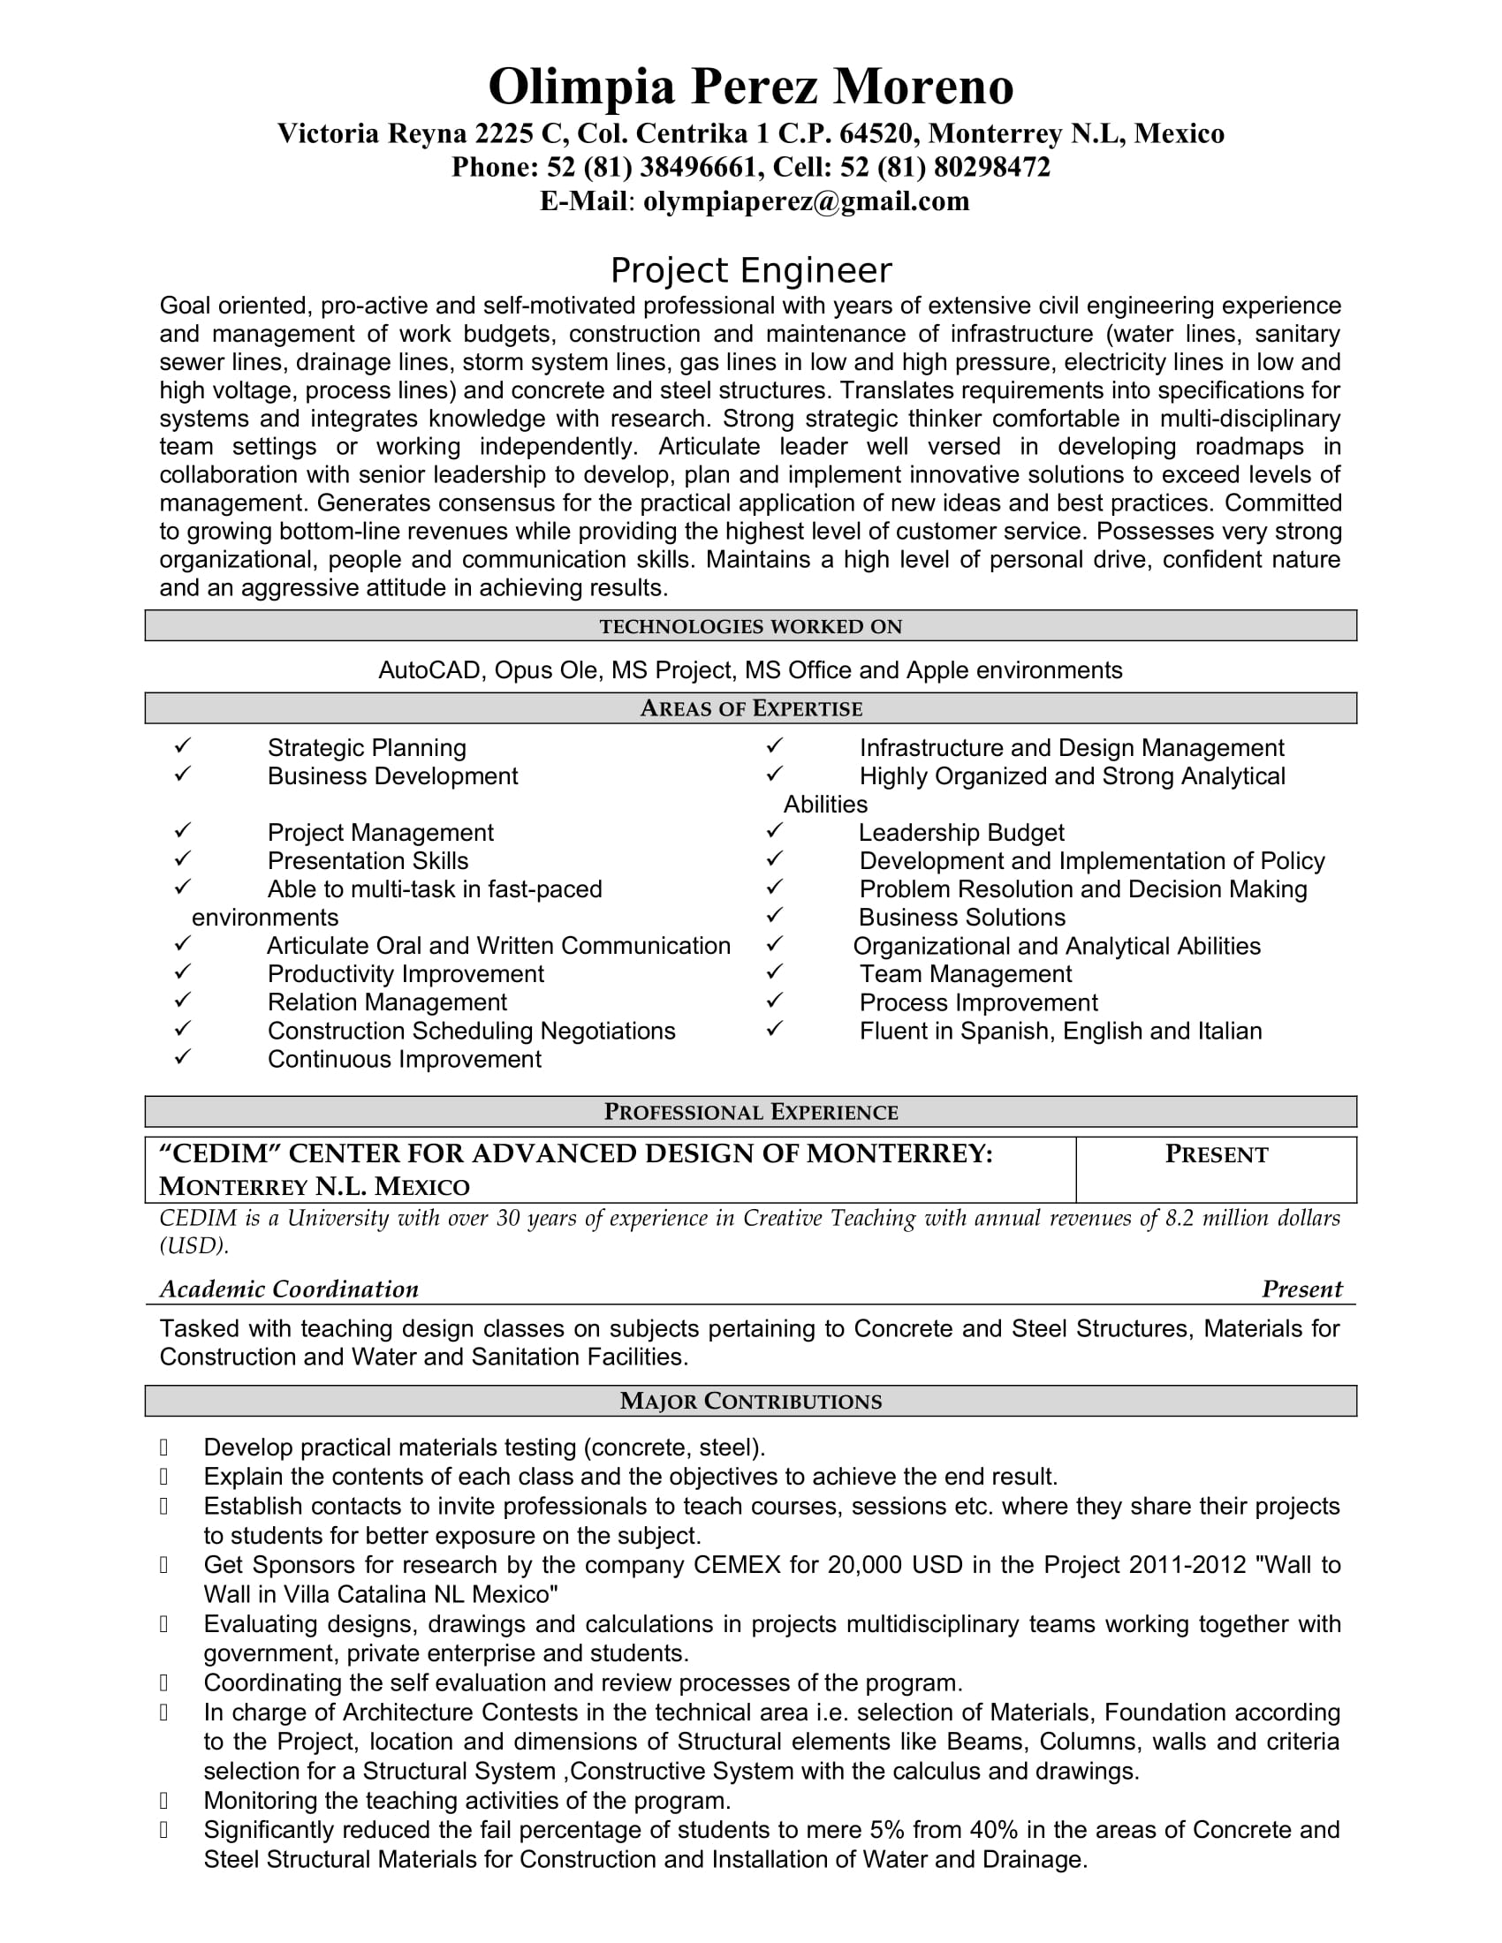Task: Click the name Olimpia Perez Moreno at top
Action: pyautogui.click(x=750, y=87)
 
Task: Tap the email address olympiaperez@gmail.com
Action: pyautogui.click(x=806, y=201)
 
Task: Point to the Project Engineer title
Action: pyautogui.click(x=750, y=270)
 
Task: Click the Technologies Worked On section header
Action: pyautogui.click(x=750, y=626)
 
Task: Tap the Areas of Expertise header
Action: pyautogui.click(x=750, y=708)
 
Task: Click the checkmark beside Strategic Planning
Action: pyautogui.click(x=182, y=746)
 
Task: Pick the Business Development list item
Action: pyautogui.click(x=392, y=776)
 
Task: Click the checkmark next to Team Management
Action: pyautogui.click(x=774, y=972)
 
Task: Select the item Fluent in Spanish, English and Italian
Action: pyautogui.click(x=1059, y=1031)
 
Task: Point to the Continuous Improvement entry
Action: pyautogui.click(x=404, y=1060)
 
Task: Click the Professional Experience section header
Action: pyautogui.click(x=750, y=1112)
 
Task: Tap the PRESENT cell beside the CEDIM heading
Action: pyautogui.click(x=1216, y=1155)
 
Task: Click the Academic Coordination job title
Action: pyautogui.click(x=288, y=1289)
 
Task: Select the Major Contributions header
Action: pyautogui.click(x=750, y=1402)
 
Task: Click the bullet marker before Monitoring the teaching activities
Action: pyautogui.click(x=163, y=1802)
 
